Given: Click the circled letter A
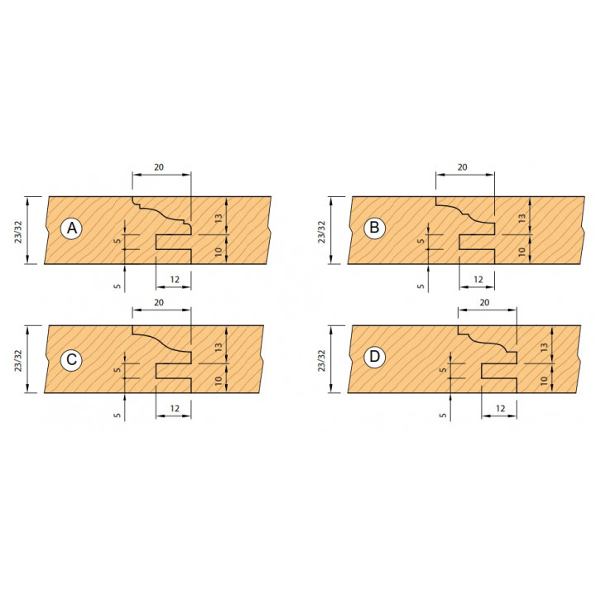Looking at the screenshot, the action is tap(71, 228).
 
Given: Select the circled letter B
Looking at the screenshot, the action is tap(374, 228).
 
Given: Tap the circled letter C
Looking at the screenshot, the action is tap(71, 359).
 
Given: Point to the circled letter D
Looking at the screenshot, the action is tap(374, 358).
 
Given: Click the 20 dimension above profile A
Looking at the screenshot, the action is tap(159, 167).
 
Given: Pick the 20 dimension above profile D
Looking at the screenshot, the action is tap(484, 302).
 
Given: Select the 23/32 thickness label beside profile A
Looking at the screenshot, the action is tap(18, 231).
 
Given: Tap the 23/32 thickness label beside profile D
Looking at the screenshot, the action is tap(321, 360).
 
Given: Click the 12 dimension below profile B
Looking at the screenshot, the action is tap(478, 280).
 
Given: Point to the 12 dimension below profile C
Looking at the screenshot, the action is tap(175, 409).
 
